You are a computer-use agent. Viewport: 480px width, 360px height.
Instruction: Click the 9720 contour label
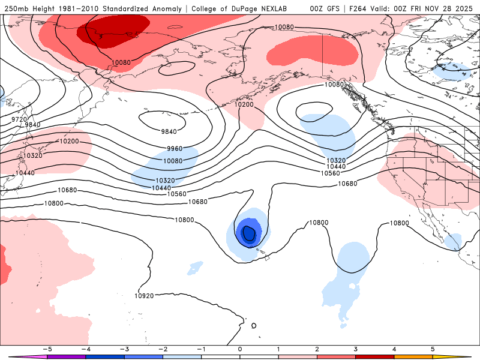click(20, 119)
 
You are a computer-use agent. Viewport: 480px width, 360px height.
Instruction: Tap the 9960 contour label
click(175, 148)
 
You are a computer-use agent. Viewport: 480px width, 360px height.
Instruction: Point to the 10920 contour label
click(144, 295)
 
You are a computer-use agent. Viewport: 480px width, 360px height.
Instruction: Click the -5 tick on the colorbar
click(46, 349)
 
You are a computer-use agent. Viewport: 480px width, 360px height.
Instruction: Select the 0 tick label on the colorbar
click(239, 349)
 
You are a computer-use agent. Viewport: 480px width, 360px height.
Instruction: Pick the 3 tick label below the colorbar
click(356, 349)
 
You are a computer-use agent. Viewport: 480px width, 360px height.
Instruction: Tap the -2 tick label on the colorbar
click(163, 349)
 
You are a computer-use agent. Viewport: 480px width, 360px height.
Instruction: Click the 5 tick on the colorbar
click(433, 349)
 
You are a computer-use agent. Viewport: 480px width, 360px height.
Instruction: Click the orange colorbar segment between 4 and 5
click(413, 356)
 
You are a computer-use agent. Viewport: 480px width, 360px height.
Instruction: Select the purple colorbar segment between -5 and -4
click(66, 356)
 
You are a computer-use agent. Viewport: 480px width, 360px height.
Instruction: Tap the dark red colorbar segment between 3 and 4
click(375, 356)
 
